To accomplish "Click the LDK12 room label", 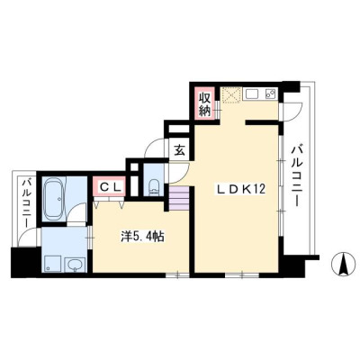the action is (241, 189).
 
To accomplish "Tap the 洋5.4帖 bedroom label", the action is (142, 237).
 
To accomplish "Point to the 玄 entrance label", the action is (179, 149).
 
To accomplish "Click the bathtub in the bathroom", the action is (54, 199).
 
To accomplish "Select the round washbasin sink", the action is (75, 265).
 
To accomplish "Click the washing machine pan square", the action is (52, 264).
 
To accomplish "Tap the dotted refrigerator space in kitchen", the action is (231, 95).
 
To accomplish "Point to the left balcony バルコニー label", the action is (27, 202).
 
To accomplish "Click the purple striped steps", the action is (179, 198).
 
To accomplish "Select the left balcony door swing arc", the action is (26, 236).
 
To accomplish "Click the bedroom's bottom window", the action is (177, 274).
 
